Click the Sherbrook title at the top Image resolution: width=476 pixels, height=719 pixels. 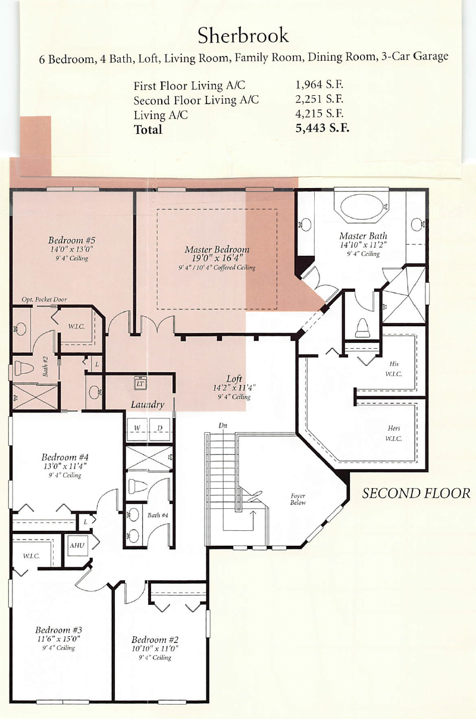click(x=243, y=35)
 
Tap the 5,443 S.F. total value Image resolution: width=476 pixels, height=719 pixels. click(x=322, y=128)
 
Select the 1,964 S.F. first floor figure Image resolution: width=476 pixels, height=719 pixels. click(x=319, y=85)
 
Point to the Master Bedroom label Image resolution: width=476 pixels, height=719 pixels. click(x=217, y=249)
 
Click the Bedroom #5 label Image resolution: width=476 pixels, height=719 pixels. click(x=71, y=240)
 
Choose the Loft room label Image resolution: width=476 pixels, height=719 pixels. click(x=234, y=379)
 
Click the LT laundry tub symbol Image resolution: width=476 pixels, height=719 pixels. click(x=140, y=384)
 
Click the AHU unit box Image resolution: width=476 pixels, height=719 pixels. click(x=77, y=545)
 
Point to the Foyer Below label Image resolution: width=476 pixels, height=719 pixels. click(x=297, y=499)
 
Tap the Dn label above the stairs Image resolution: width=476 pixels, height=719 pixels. click(x=223, y=426)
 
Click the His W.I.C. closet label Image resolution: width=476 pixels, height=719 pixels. click(x=393, y=369)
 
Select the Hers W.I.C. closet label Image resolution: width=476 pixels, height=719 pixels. click(x=393, y=433)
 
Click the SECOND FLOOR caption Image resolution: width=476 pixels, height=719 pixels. click(x=416, y=493)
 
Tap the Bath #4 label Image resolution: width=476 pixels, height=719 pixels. click(x=158, y=515)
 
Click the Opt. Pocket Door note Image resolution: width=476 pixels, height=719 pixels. click(x=44, y=299)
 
